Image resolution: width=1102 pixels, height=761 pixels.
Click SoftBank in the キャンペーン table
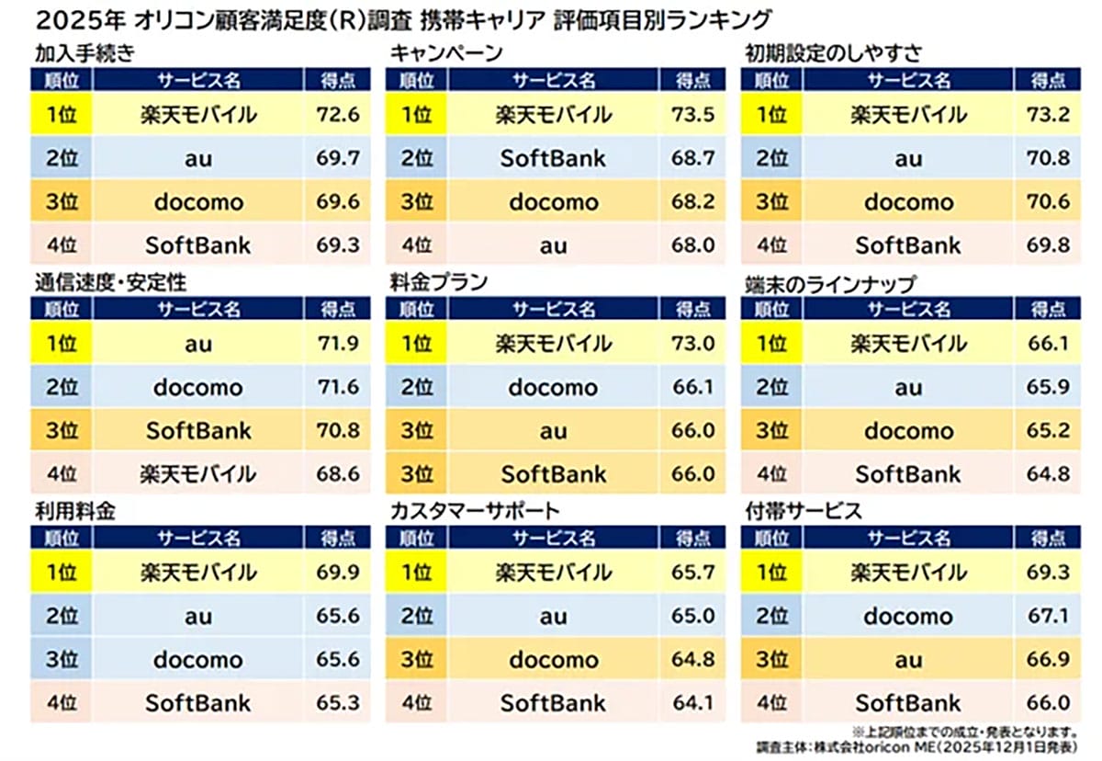click(x=553, y=158)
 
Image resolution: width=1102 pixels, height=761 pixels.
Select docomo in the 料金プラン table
click(x=553, y=387)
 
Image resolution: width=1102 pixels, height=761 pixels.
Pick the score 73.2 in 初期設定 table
click(x=1048, y=115)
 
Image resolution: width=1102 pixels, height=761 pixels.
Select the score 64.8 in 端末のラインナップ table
click(x=1048, y=474)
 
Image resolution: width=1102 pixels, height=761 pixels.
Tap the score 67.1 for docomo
click(x=1048, y=616)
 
